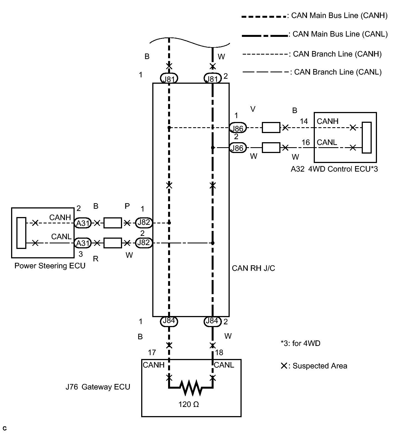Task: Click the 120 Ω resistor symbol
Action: coord(191,387)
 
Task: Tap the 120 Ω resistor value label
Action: coord(189,404)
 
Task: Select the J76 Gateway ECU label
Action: coord(98,387)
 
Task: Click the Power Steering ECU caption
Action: coord(50,266)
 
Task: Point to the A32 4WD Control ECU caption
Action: coord(334,169)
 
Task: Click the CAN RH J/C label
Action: coord(254,268)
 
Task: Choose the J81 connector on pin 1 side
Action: coord(169,79)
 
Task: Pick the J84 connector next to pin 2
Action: coord(212,321)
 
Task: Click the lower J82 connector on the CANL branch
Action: coord(144,243)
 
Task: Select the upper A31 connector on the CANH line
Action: coord(83,223)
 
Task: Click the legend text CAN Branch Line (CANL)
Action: coord(338,72)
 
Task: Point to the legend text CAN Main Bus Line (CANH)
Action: coord(339,16)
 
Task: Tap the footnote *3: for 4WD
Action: coord(300,343)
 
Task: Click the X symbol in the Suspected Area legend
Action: coord(284,366)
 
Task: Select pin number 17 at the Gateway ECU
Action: coord(152,353)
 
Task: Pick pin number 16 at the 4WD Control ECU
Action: coord(306,142)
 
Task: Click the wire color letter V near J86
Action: coord(253,109)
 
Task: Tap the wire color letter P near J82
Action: coord(127,206)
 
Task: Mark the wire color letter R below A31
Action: coord(96,259)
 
